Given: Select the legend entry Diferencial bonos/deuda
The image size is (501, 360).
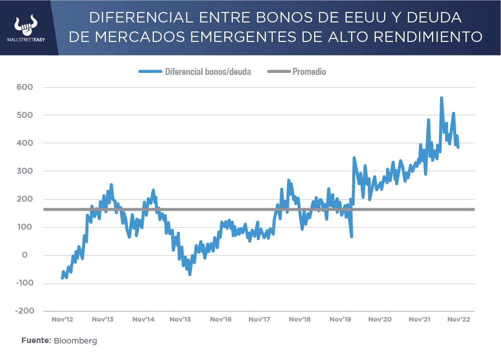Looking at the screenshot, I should click(x=207, y=72).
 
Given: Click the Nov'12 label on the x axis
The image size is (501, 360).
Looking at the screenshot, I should click(x=62, y=319).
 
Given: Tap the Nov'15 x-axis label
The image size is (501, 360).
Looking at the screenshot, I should click(x=180, y=319).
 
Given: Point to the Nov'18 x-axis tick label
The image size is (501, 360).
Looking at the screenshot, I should click(x=300, y=319).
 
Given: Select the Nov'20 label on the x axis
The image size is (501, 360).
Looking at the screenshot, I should click(x=380, y=319).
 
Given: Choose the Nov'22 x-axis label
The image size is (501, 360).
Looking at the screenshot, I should click(x=459, y=319).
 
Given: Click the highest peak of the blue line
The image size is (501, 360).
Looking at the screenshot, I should click(x=442, y=98).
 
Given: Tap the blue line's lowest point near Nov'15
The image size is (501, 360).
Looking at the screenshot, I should click(x=190, y=274).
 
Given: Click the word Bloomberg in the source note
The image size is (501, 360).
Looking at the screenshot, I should click(x=75, y=341).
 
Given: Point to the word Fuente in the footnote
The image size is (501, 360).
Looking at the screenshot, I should click(x=35, y=341).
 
